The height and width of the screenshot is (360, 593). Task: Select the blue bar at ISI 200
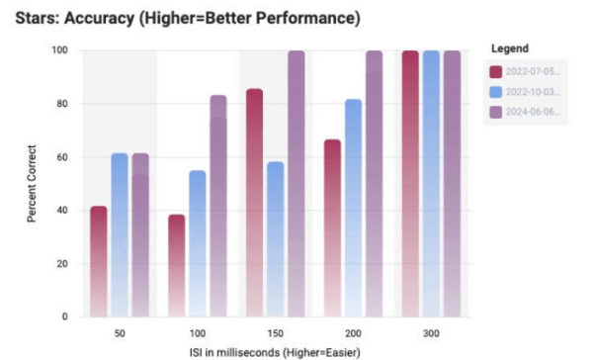(x=353, y=208)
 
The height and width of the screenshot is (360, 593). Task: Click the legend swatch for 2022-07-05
(x=496, y=70)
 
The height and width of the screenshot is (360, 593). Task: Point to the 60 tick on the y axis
(x=62, y=156)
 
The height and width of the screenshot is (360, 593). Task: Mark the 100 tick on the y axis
(x=59, y=49)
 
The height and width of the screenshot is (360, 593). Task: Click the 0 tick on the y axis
(x=65, y=316)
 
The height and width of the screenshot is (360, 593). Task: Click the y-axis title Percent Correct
(x=33, y=184)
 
